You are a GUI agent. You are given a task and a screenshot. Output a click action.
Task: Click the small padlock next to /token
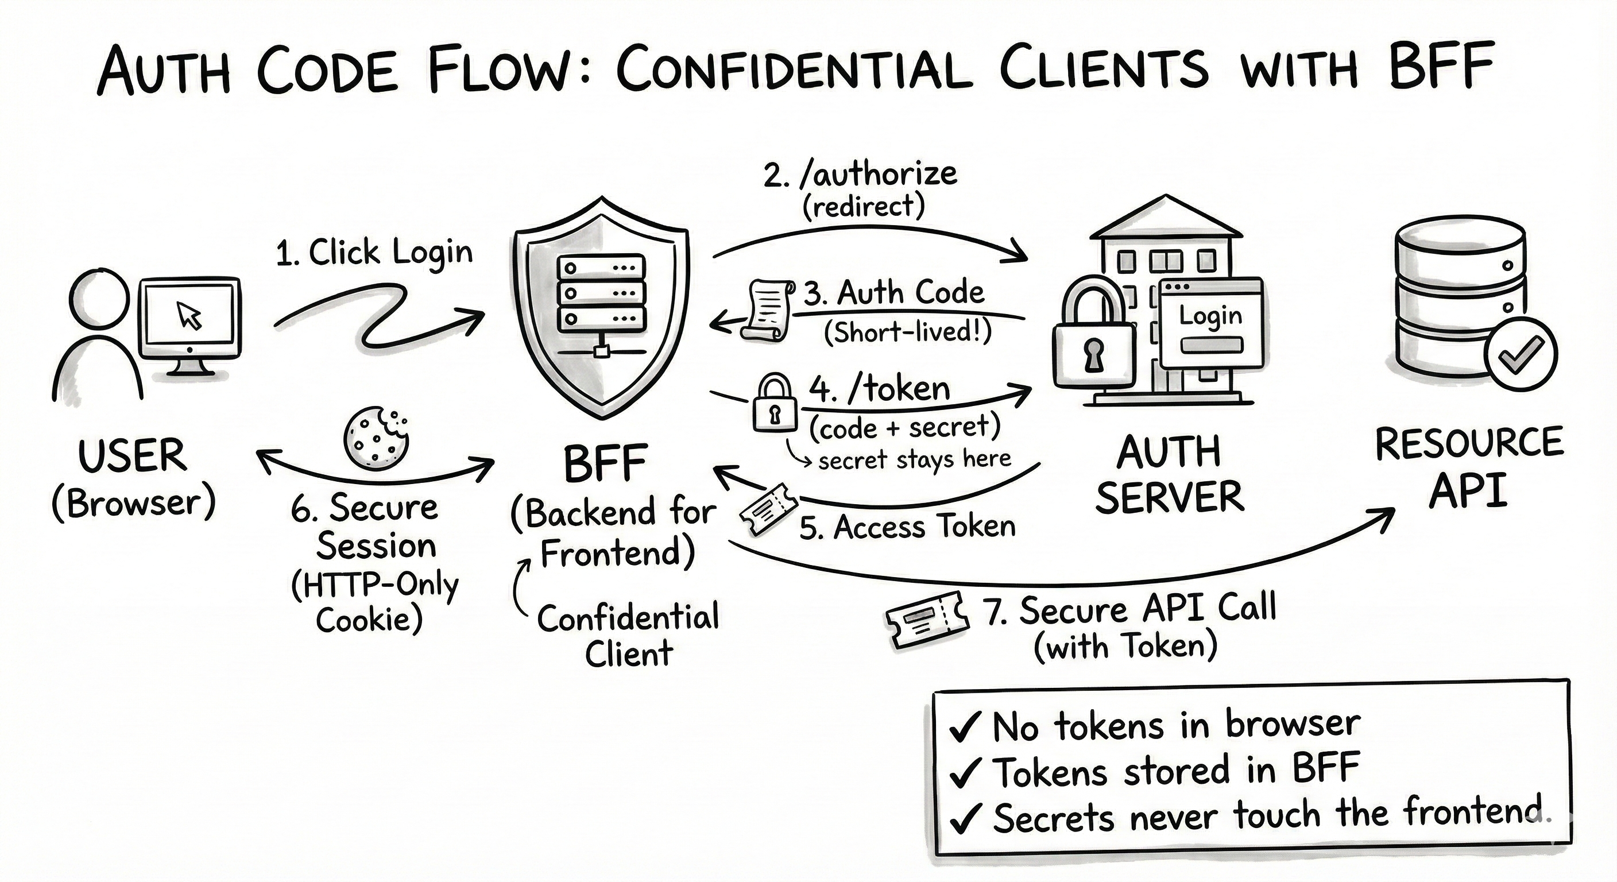pos(775,403)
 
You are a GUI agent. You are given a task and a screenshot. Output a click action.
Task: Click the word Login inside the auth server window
pos(1210,316)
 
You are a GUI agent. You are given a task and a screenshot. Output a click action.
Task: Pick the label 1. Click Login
pos(374,253)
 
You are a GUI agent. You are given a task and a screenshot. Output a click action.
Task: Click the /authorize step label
pos(861,175)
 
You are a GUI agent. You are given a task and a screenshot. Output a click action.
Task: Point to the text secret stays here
pos(914,459)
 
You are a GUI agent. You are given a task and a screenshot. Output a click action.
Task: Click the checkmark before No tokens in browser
pos(964,728)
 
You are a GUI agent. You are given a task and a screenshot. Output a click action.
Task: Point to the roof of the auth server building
pos(1166,219)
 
